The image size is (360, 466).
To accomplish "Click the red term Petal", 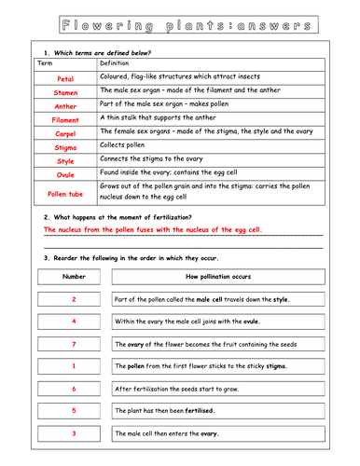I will [x=64, y=79].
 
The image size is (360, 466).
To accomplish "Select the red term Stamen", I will [x=64, y=93].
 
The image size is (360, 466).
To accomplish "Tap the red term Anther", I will [x=64, y=106].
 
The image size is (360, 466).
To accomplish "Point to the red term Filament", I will [x=64, y=120].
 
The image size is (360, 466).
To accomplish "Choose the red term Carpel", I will [x=64, y=133].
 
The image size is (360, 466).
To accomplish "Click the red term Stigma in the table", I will [x=64, y=146].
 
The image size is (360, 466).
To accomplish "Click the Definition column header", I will [x=120, y=63].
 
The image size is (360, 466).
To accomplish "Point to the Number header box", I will [x=73, y=277].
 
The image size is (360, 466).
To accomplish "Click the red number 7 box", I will [x=73, y=344].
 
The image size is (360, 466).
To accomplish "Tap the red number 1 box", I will [x=73, y=366].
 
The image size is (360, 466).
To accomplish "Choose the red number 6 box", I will [x=73, y=389].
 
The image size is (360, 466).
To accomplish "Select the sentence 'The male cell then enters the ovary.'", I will [x=167, y=433].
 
